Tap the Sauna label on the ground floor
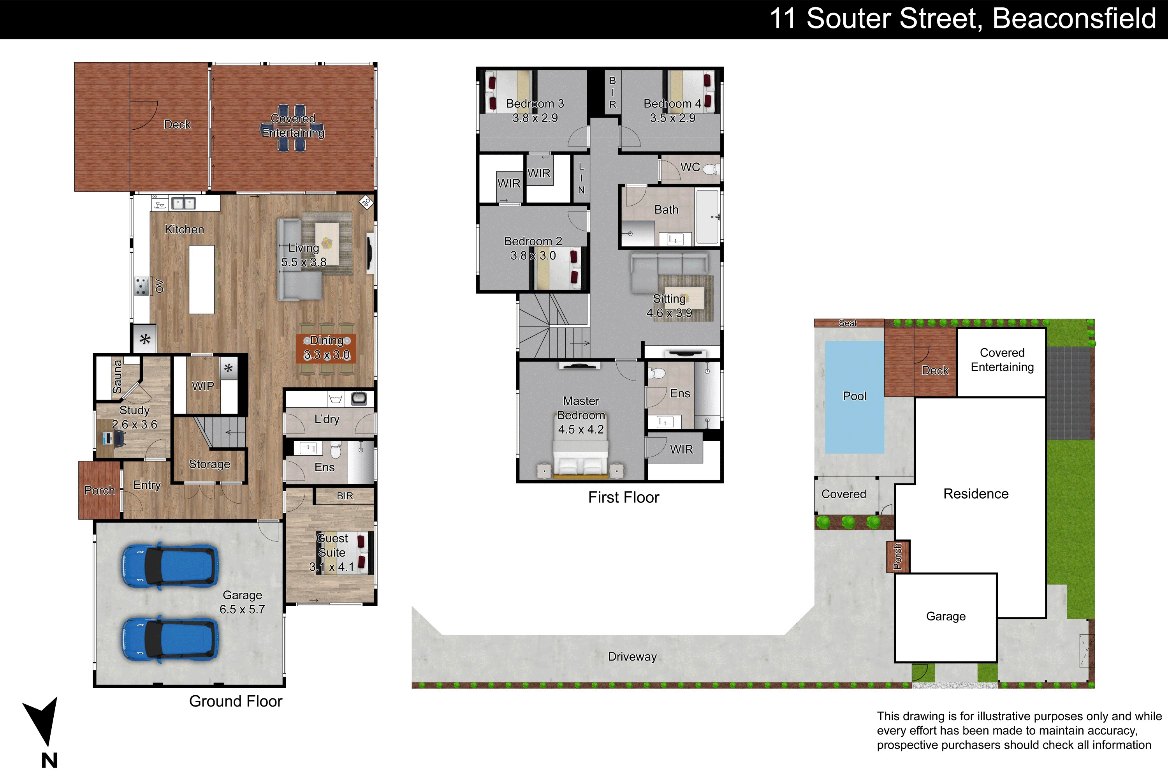(x=117, y=377)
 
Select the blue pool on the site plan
(x=854, y=397)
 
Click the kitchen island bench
(x=202, y=279)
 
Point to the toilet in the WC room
(x=711, y=169)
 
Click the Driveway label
(x=632, y=657)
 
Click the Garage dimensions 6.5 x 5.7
(x=242, y=610)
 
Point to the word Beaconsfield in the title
(x=1074, y=19)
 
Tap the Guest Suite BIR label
(x=345, y=496)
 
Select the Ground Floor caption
(x=236, y=701)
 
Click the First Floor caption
(x=624, y=497)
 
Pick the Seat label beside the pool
(x=848, y=323)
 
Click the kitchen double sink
(x=183, y=203)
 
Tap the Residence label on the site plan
(x=976, y=494)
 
